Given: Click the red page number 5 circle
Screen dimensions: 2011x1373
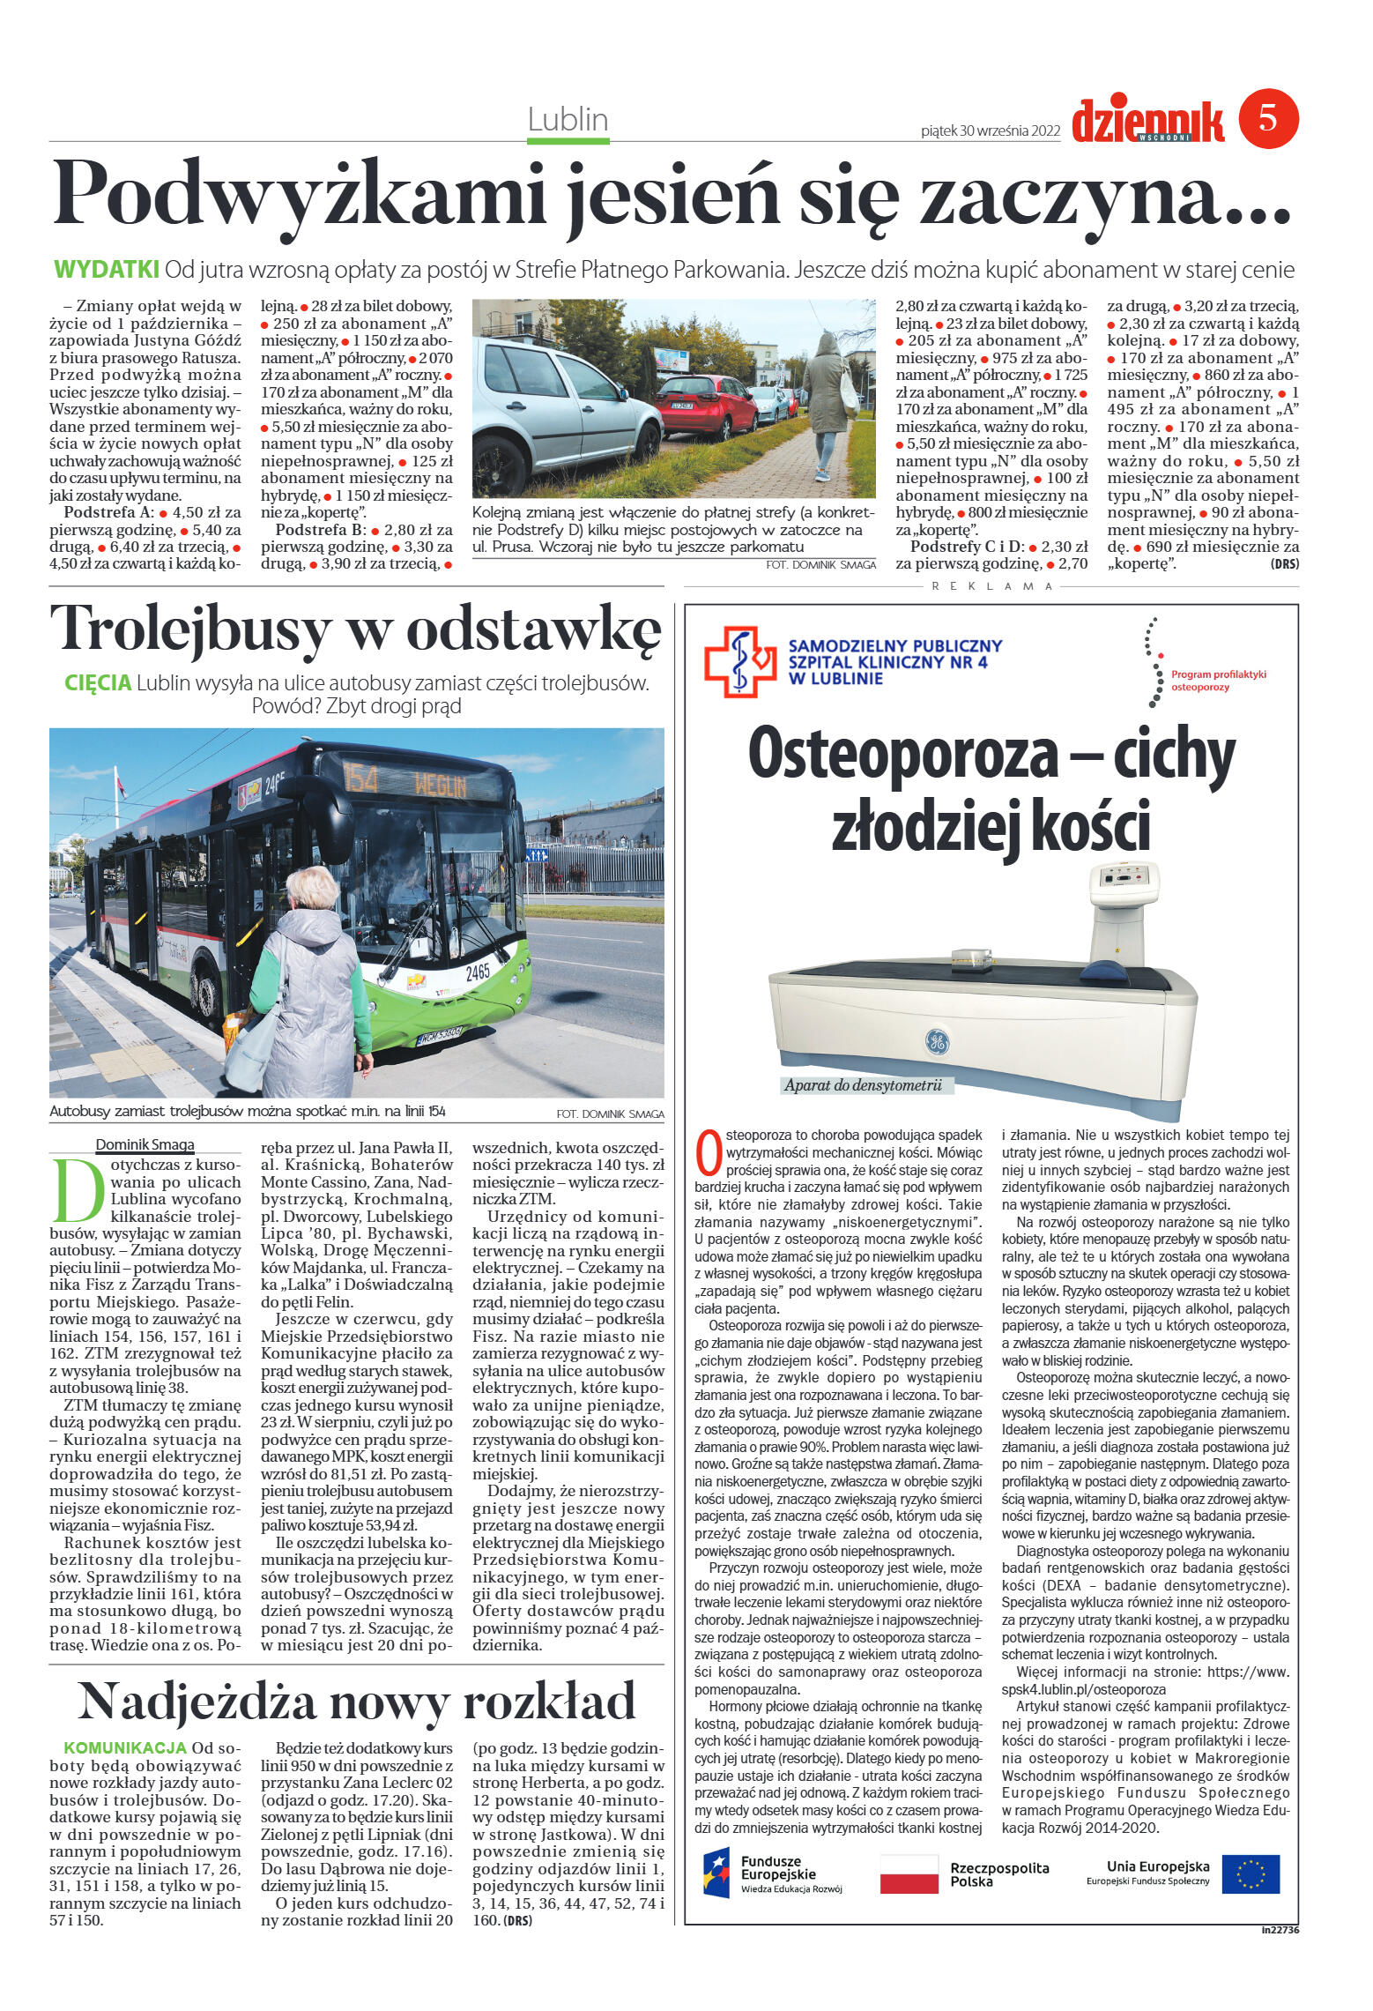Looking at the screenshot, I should (x=1268, y=118).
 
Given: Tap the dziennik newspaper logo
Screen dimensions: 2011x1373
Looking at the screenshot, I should (x=1147, y=121).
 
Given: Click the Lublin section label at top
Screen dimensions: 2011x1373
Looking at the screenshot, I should (x=568, y=119).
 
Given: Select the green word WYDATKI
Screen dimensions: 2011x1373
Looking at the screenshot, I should (x=107, y=269).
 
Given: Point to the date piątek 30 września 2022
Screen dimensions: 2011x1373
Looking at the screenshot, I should (x=990, y=131).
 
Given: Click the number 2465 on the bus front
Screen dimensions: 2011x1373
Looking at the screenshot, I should (x=477, y=972).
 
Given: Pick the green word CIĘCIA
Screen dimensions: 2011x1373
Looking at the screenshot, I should (x=98, y=682).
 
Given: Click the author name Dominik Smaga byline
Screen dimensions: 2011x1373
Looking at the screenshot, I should (x=145, y=1144).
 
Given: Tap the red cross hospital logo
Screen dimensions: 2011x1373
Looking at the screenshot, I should (x=739, y=661).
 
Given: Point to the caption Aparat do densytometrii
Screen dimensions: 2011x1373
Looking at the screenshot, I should (x=863, y=1085).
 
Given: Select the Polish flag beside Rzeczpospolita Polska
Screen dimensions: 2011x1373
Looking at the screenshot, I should (x=909, y=1874).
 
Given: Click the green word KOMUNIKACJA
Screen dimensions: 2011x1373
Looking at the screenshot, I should (x=125, y=1748).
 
